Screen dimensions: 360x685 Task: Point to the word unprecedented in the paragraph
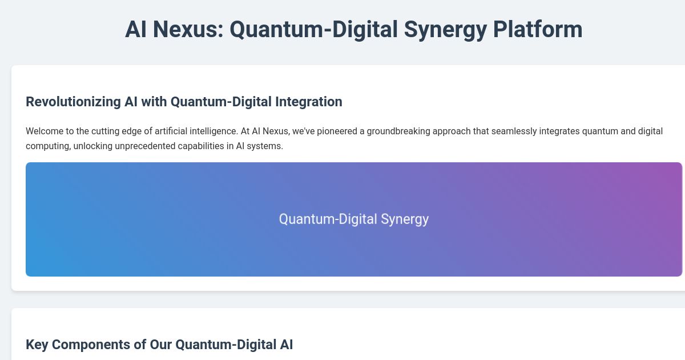click(108, 146)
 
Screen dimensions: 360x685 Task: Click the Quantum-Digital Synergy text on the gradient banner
click(354, 219)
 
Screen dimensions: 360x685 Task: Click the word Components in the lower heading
click(83, 344)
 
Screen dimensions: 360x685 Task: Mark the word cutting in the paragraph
click(106, 131)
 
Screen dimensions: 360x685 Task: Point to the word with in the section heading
click(154, 102)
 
